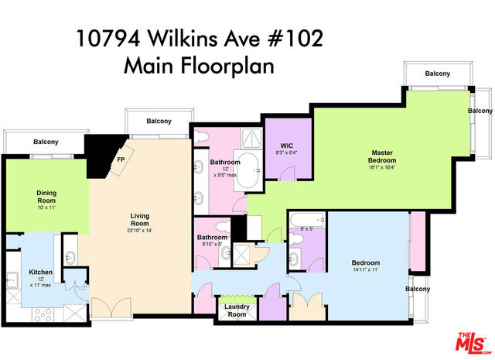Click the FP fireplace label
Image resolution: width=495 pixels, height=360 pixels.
click(121, 159)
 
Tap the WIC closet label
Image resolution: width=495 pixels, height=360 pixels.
click(287, 146)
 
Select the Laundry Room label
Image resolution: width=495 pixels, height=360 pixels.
click(237, 310)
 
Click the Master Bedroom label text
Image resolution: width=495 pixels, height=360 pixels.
click(382, 156)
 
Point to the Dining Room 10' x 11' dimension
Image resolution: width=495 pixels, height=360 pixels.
click(46, 207)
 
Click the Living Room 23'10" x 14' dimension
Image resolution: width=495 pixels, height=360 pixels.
click(139, 231)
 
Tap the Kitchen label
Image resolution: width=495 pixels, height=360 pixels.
click(40, 272)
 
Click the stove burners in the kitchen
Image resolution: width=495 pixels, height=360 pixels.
click(43, 314)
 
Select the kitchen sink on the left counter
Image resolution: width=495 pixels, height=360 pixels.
click(13, 280)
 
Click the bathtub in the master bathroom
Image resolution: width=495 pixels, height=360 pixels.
click(248, 170)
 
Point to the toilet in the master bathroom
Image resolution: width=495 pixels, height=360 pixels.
click(201, 136)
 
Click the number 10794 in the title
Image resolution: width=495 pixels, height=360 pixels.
click(108, 39)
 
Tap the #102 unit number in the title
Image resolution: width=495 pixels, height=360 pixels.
click(295, 39)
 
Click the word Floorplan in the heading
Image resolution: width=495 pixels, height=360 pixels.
click(227, 66)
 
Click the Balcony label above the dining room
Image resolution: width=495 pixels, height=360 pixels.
click(46, 142)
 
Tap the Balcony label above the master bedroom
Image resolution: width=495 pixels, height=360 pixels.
click(437, 74)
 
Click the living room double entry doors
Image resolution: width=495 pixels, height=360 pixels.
click(111, 307)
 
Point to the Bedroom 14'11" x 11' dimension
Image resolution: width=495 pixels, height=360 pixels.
click(366, 270)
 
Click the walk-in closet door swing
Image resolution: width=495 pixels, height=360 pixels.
click(287, 173)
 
